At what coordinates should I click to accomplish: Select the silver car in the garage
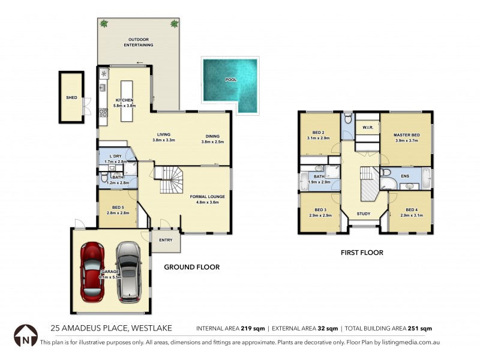click(x=129, y=271)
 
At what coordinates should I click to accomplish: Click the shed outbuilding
click(x=71, y=97)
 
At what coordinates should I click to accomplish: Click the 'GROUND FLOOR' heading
click(x=192, y=267)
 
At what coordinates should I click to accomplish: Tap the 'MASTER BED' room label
click(x=406, y=135)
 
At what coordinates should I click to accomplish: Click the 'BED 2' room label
click(x=319, y=133)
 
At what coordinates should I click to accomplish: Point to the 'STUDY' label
click(x=363, y=214)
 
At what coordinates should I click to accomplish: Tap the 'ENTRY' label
click(x=166, y=241)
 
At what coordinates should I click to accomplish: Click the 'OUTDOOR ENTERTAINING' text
click(x=139, y=43)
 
